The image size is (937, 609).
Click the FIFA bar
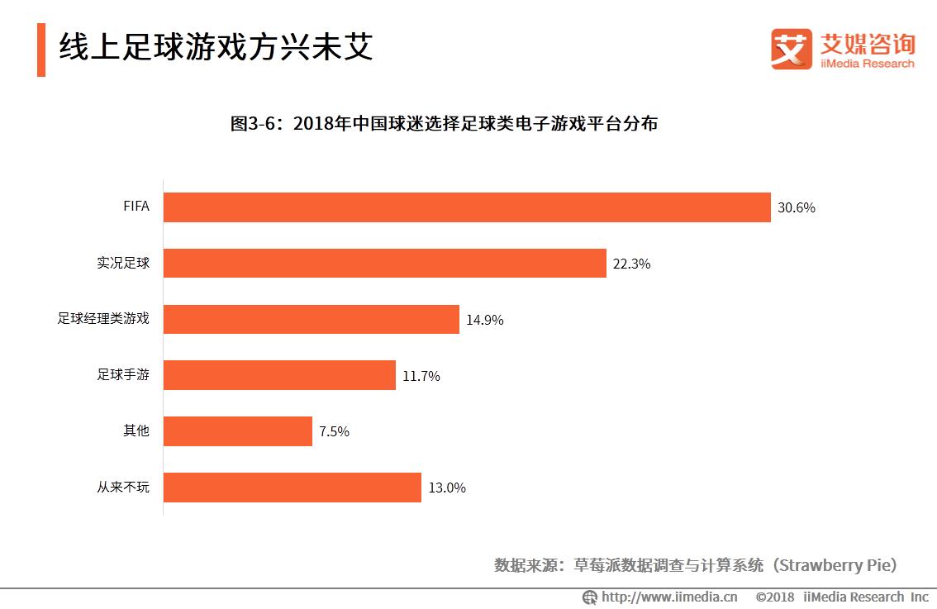(x=467, y=207)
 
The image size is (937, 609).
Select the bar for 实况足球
(x=384, y=264)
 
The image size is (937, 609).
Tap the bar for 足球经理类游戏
(x=311, y=319)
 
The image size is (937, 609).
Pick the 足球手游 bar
(x=279, y=375)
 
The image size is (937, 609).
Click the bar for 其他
(x=237, y=431)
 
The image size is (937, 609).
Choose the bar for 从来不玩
(x=292, y=488)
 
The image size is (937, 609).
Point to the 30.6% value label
(x=796, y=208)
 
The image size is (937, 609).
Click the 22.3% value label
(x=631, y=264)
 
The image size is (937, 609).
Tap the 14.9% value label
(x=484, y=320)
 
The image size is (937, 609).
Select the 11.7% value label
(x=421, y=376)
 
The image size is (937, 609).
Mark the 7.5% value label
(x=334, y=432)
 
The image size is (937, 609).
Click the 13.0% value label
(x=446, y=488)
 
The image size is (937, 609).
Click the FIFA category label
(x=136, y=207)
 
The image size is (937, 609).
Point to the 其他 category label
(x=136, y=431)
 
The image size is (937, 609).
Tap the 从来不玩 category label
(x=123, y=487)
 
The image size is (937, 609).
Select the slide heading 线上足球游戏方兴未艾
(x=216, y=47)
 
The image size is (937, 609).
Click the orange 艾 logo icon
(x=791, y=50)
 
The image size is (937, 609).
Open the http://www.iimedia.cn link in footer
(x=668, y=597)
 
